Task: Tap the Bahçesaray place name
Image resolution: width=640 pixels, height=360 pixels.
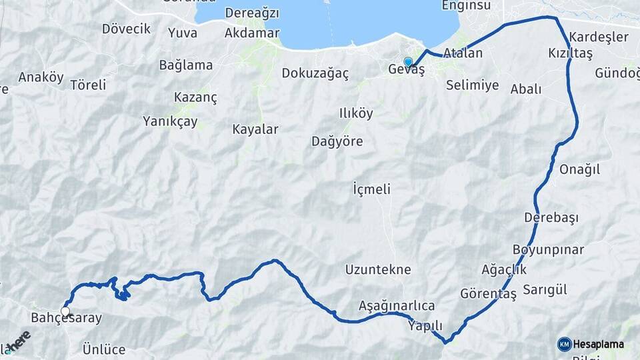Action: coord(67,318)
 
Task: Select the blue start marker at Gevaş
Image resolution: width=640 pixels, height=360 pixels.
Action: coord(408,62)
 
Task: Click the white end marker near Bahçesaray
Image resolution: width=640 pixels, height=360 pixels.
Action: coord(65,311)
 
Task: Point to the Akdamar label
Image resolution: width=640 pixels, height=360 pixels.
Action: coord(250,33)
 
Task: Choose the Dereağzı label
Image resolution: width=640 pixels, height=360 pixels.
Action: coord(252,13)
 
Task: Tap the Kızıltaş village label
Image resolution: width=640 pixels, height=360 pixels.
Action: coord(570,53)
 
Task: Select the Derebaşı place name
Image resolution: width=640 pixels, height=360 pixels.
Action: coord(551,217)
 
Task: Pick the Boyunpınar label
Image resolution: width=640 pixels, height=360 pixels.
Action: coord(548,250)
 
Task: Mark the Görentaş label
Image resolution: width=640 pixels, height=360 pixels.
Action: coord(489,293)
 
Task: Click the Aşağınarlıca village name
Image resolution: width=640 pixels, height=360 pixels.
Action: coord(397,305)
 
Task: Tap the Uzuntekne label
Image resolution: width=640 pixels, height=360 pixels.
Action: coord(378,270)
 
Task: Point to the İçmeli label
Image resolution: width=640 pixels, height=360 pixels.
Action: coord(371,189)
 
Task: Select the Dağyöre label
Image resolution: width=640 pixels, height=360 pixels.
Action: coord(337,141)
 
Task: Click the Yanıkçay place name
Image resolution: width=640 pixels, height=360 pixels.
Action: coord(170,121)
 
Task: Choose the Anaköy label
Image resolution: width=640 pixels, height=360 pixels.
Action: coord(41,77)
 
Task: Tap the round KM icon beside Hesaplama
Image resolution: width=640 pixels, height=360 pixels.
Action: coord(564,344)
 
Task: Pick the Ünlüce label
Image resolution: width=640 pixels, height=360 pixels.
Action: coord(104,349)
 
